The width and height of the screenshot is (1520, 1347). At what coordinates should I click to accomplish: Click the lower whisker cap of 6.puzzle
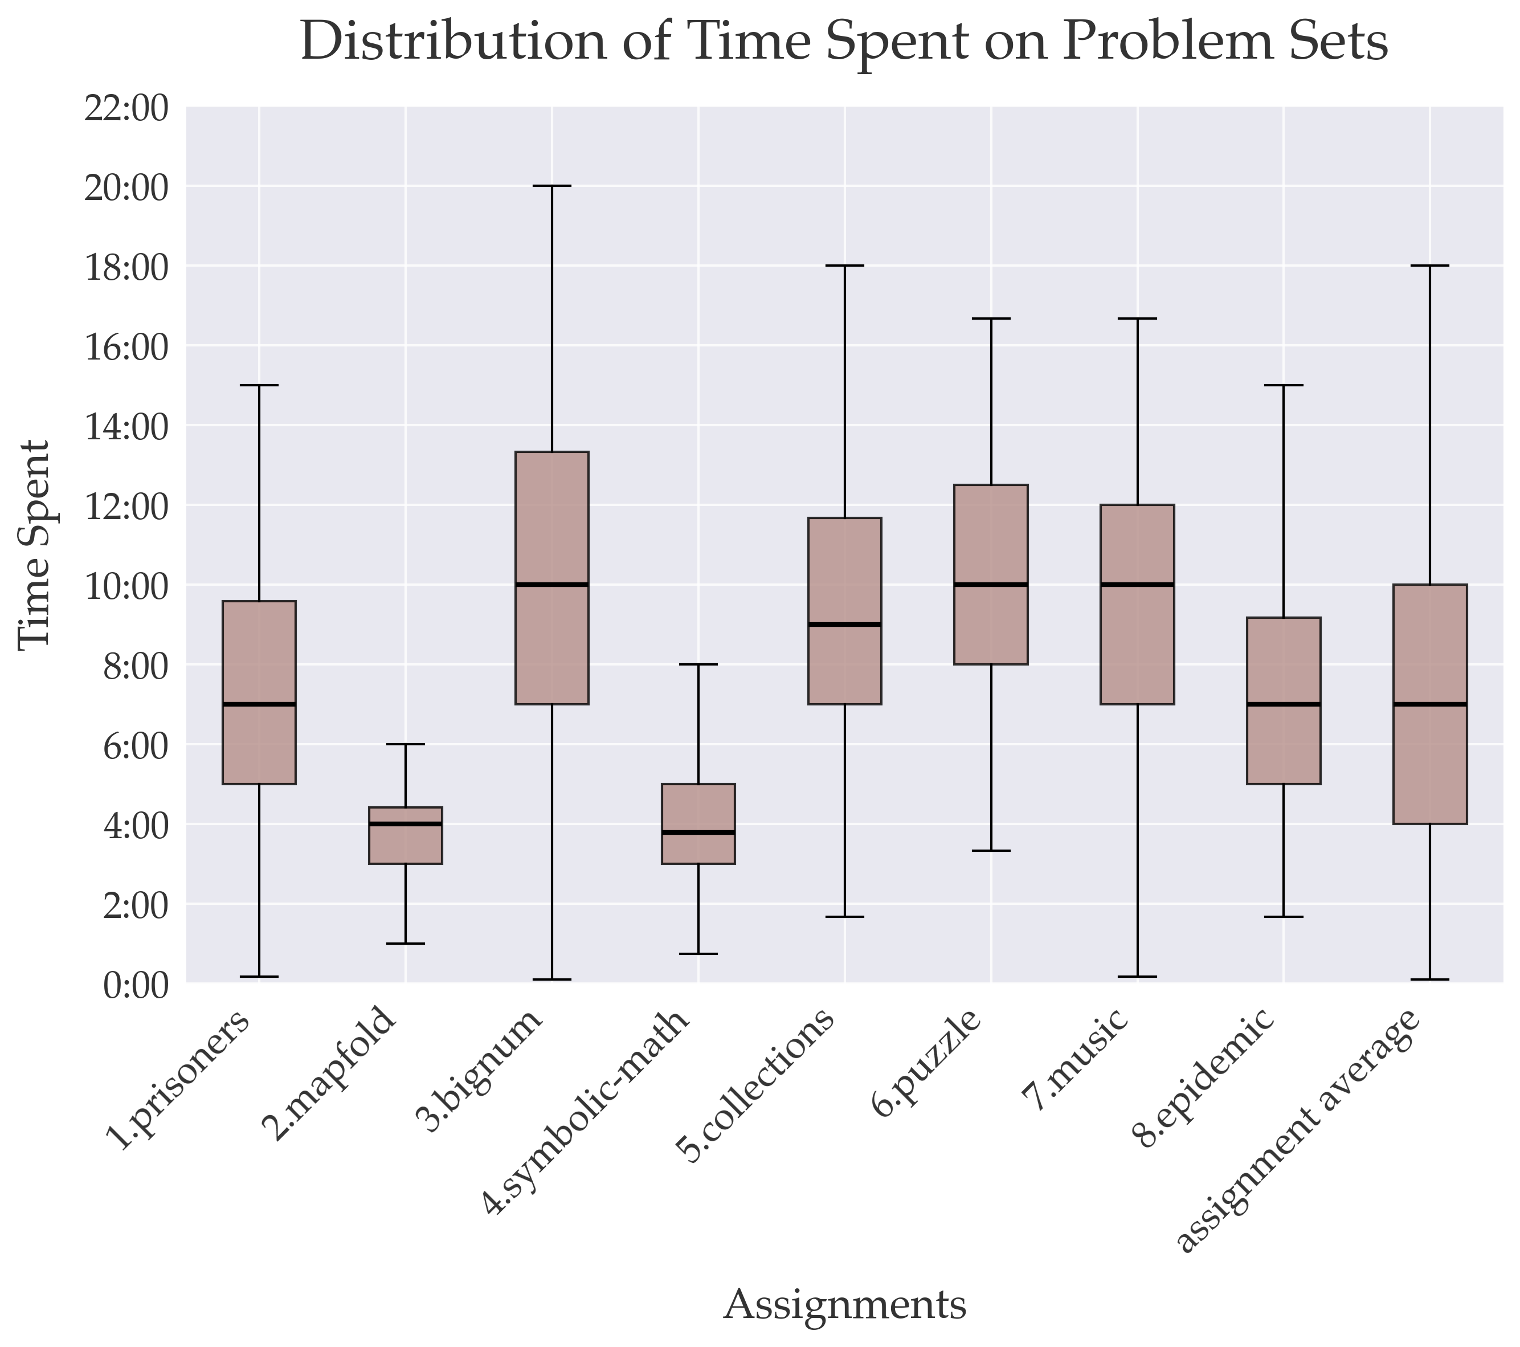coord(991,850)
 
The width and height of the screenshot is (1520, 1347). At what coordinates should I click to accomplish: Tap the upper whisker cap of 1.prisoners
coord(259,385)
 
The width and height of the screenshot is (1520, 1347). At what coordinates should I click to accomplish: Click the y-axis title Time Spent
coord(34,545)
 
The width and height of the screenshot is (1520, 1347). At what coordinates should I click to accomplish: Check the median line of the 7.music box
coord(1137,585)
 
